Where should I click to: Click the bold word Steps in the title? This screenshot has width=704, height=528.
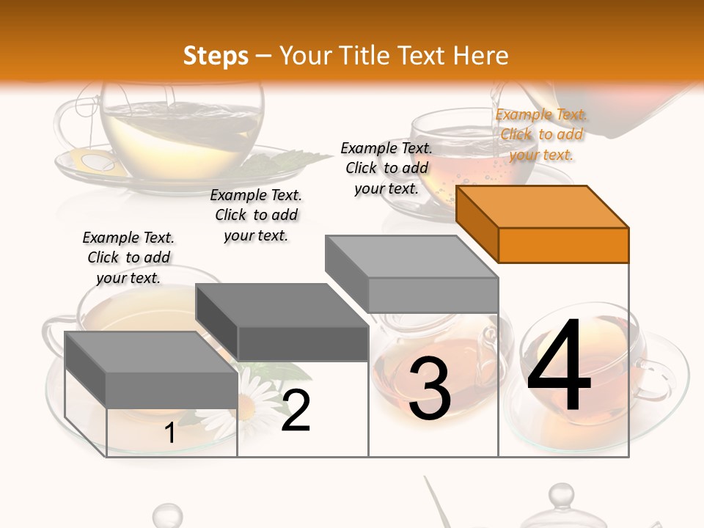point(216,56)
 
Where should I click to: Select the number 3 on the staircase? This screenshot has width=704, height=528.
point(429,389)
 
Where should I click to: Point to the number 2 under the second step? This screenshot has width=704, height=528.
point(296,410)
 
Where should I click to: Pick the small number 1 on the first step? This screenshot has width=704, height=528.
point(169,433)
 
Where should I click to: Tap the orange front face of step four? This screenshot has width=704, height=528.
point(563,245)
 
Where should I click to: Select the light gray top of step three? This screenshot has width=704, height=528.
point(411,257)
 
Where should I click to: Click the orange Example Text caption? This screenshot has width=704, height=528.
point(541,134)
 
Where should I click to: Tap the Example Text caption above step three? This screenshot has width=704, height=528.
point(386,168)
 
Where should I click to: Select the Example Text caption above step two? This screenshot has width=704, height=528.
point(256,215)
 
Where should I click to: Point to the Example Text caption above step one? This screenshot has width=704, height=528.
point(128,257)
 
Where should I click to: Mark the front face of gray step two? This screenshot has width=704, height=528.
point(303,343)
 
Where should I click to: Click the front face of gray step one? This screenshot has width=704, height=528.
point(172,389)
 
